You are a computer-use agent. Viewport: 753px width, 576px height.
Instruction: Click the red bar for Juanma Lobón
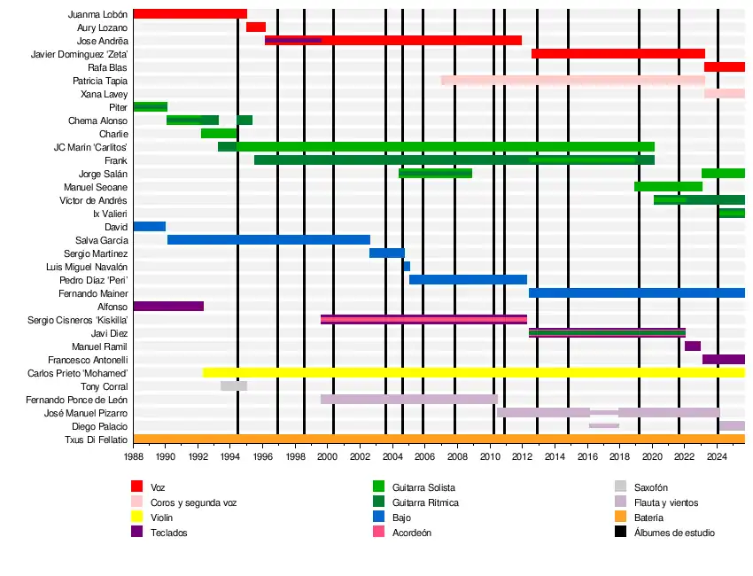190,14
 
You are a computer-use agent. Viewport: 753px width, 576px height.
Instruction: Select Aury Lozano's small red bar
256,27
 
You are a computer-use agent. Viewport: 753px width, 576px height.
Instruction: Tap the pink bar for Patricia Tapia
572,81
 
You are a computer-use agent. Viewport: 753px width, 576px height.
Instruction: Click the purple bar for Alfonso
168,307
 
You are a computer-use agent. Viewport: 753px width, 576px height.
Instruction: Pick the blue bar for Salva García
268,240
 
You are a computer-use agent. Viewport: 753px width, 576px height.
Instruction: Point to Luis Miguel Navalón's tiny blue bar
407,267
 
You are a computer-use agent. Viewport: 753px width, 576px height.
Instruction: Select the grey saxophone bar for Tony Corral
234,386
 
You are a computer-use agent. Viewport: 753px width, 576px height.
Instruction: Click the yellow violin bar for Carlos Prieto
474,373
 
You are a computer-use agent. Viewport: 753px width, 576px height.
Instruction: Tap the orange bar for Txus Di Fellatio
439,440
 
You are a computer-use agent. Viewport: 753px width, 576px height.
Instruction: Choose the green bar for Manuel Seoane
668,187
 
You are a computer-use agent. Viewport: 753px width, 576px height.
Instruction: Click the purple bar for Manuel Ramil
693,346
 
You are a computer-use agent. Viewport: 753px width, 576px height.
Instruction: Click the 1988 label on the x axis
133,457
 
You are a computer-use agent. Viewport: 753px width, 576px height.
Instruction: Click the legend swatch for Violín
136,518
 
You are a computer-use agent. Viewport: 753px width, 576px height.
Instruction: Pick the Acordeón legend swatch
378,533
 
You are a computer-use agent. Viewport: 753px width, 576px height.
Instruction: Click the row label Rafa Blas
107,67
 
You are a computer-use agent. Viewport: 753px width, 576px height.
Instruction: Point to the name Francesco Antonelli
88,360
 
